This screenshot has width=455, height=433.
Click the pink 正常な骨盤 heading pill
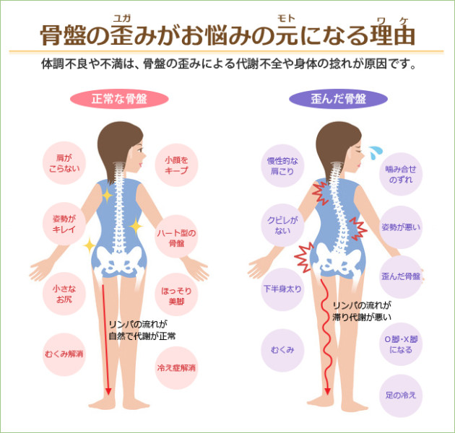coord(119,99)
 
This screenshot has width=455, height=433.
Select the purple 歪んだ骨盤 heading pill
coord(338,99)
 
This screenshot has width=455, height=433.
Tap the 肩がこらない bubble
coord(64,163)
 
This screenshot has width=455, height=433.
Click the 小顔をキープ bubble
coord(176,165)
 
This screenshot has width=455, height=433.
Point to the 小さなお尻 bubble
coord(64,294)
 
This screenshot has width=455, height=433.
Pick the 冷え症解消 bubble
coord(176,368)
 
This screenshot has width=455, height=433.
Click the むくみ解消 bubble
coord(64,354)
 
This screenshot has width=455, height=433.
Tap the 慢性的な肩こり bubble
coord(282,166)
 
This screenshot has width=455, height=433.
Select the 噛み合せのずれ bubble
coord(401,174)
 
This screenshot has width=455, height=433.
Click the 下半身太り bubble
coord(282,289)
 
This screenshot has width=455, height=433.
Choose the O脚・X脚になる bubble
coord(401,344)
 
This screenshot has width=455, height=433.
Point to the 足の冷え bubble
coord(401,395)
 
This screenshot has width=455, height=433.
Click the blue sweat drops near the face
coord(376,152)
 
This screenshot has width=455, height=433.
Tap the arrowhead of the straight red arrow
coord(108,390)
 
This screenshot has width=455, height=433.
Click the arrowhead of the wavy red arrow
coord(328,390)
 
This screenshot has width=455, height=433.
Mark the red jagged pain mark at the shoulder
coord(321,193)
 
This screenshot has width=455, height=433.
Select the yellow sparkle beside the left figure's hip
coord(90,245)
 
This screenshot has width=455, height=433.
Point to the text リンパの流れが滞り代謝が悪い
coord(362,312)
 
